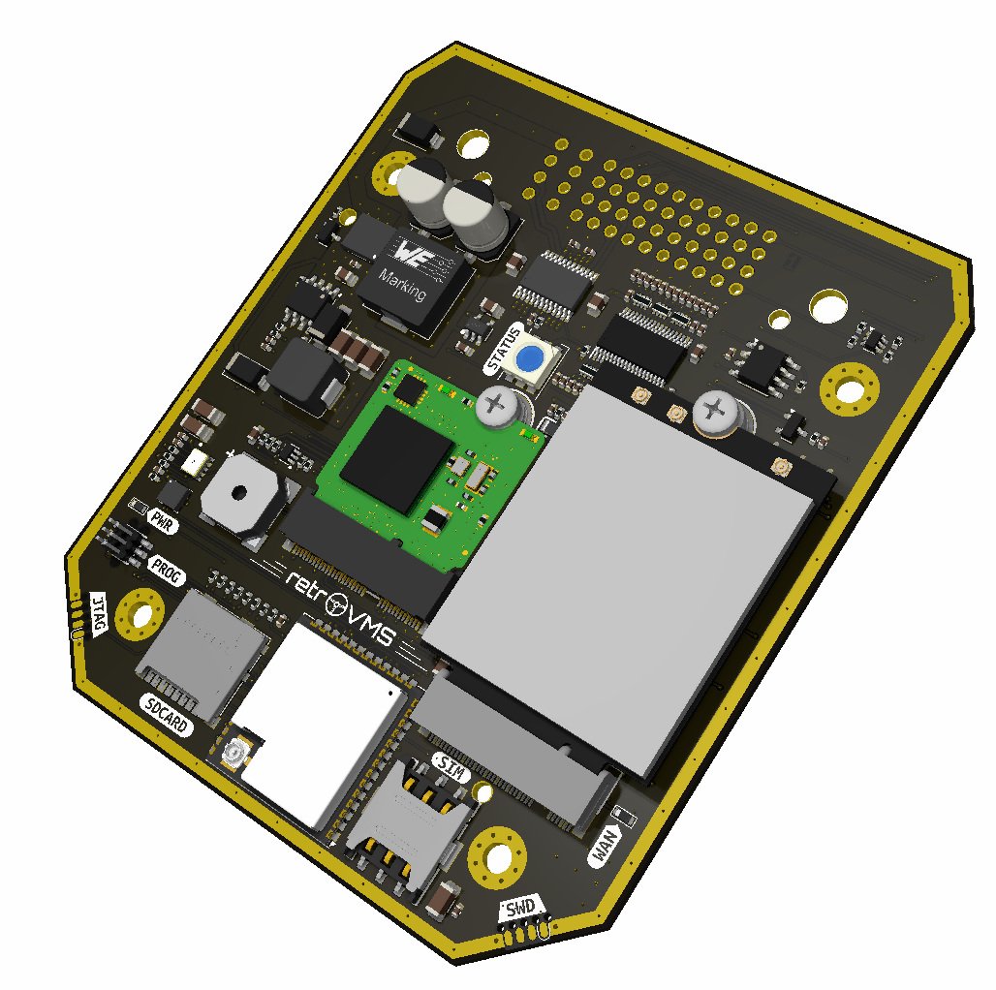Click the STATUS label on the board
coord(503,349)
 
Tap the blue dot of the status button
coord(530,358)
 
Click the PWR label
coord(162,522)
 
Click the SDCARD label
coord(166,715)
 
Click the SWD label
coord(521,909)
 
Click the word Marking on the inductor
coord(402,284)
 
